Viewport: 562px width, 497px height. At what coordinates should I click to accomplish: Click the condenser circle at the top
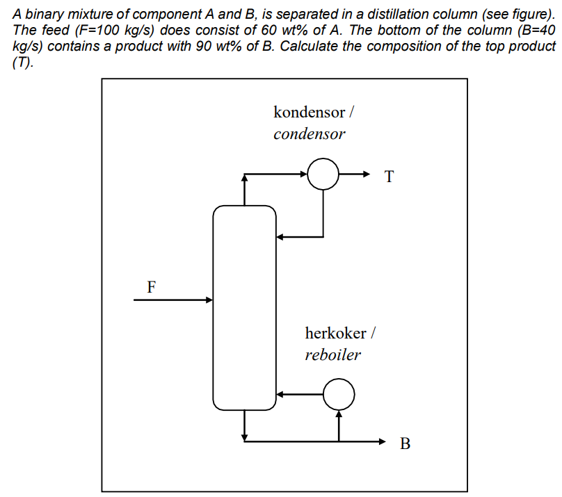[323, 174]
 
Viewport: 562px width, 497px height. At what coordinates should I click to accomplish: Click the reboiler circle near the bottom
[339, 394]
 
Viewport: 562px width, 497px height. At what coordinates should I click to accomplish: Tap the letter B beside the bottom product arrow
[406, 443]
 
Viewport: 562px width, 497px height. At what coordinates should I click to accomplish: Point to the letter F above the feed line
[152, 286]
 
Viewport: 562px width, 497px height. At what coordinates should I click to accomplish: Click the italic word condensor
[309, 134]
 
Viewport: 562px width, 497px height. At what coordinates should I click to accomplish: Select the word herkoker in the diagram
[335, 333]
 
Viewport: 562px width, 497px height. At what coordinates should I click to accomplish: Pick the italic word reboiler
[332, 355]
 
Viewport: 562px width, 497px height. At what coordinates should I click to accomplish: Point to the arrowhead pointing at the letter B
[381, 441]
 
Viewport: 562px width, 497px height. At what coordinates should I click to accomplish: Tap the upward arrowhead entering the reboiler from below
[339, 414]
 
